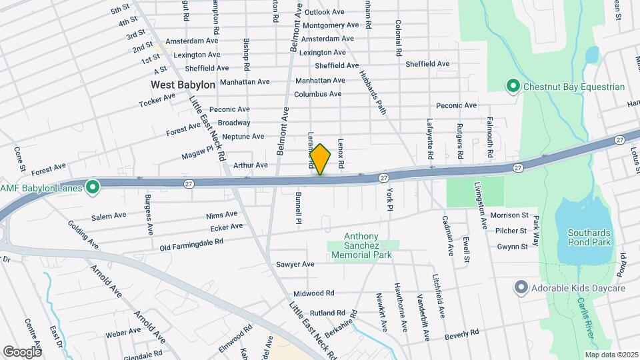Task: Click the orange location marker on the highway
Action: click(320, 160)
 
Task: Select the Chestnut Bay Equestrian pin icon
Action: click(513, 87)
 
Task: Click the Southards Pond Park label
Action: click(589, 238)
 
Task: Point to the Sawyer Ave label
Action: click(299, 264)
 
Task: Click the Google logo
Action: click(21, 351)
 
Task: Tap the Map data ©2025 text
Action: click(612, 355)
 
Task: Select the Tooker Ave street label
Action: click(157, 100)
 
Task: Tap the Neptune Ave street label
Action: click(243, 137)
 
